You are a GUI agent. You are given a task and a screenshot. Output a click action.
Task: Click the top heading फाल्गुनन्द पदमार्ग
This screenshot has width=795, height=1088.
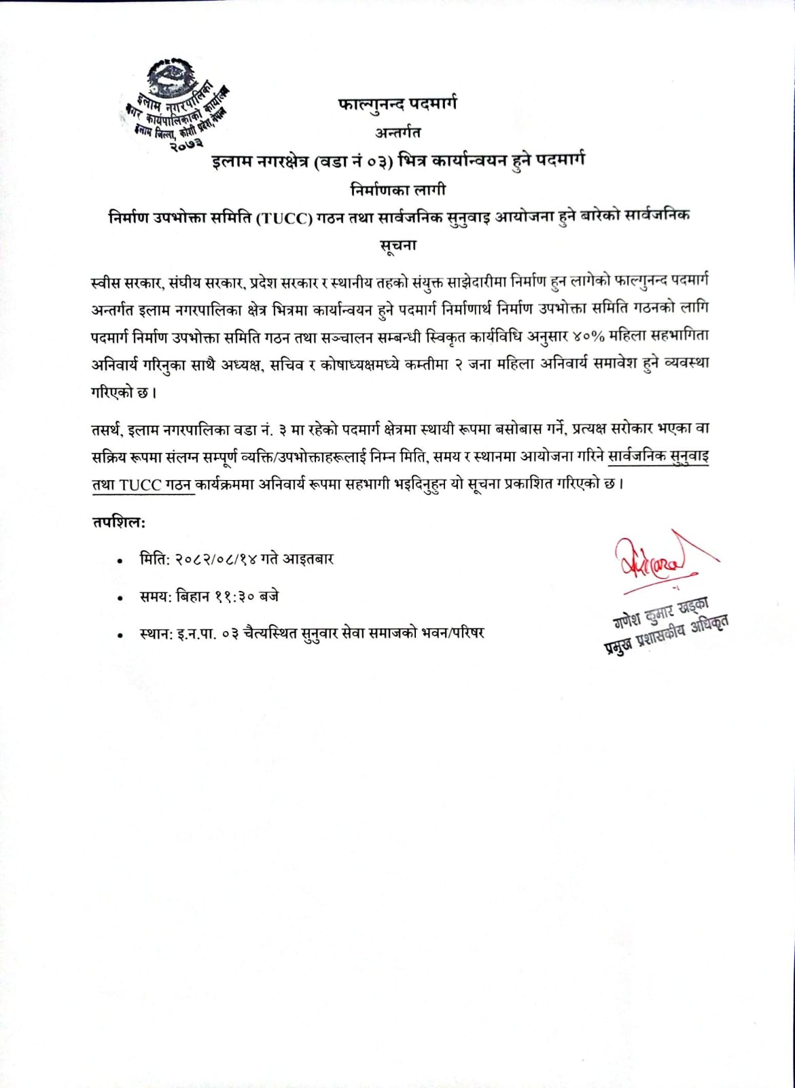[x=397, y=103]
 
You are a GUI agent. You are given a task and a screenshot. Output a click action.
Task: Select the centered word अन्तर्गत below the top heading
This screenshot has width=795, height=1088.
[x=397, y=132]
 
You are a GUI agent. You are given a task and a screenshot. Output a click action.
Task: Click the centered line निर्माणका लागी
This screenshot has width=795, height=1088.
[x=397, y=188]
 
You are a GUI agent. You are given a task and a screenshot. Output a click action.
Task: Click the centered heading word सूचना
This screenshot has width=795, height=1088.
[x=397, y=245]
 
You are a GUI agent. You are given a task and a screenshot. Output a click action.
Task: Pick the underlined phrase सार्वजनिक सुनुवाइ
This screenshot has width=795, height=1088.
[x=658, y=456]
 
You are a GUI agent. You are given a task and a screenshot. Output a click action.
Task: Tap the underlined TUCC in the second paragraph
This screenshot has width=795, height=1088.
[x=141, y=484]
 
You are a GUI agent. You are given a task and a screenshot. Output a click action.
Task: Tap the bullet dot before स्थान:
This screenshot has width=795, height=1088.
[x=120, y=635]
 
